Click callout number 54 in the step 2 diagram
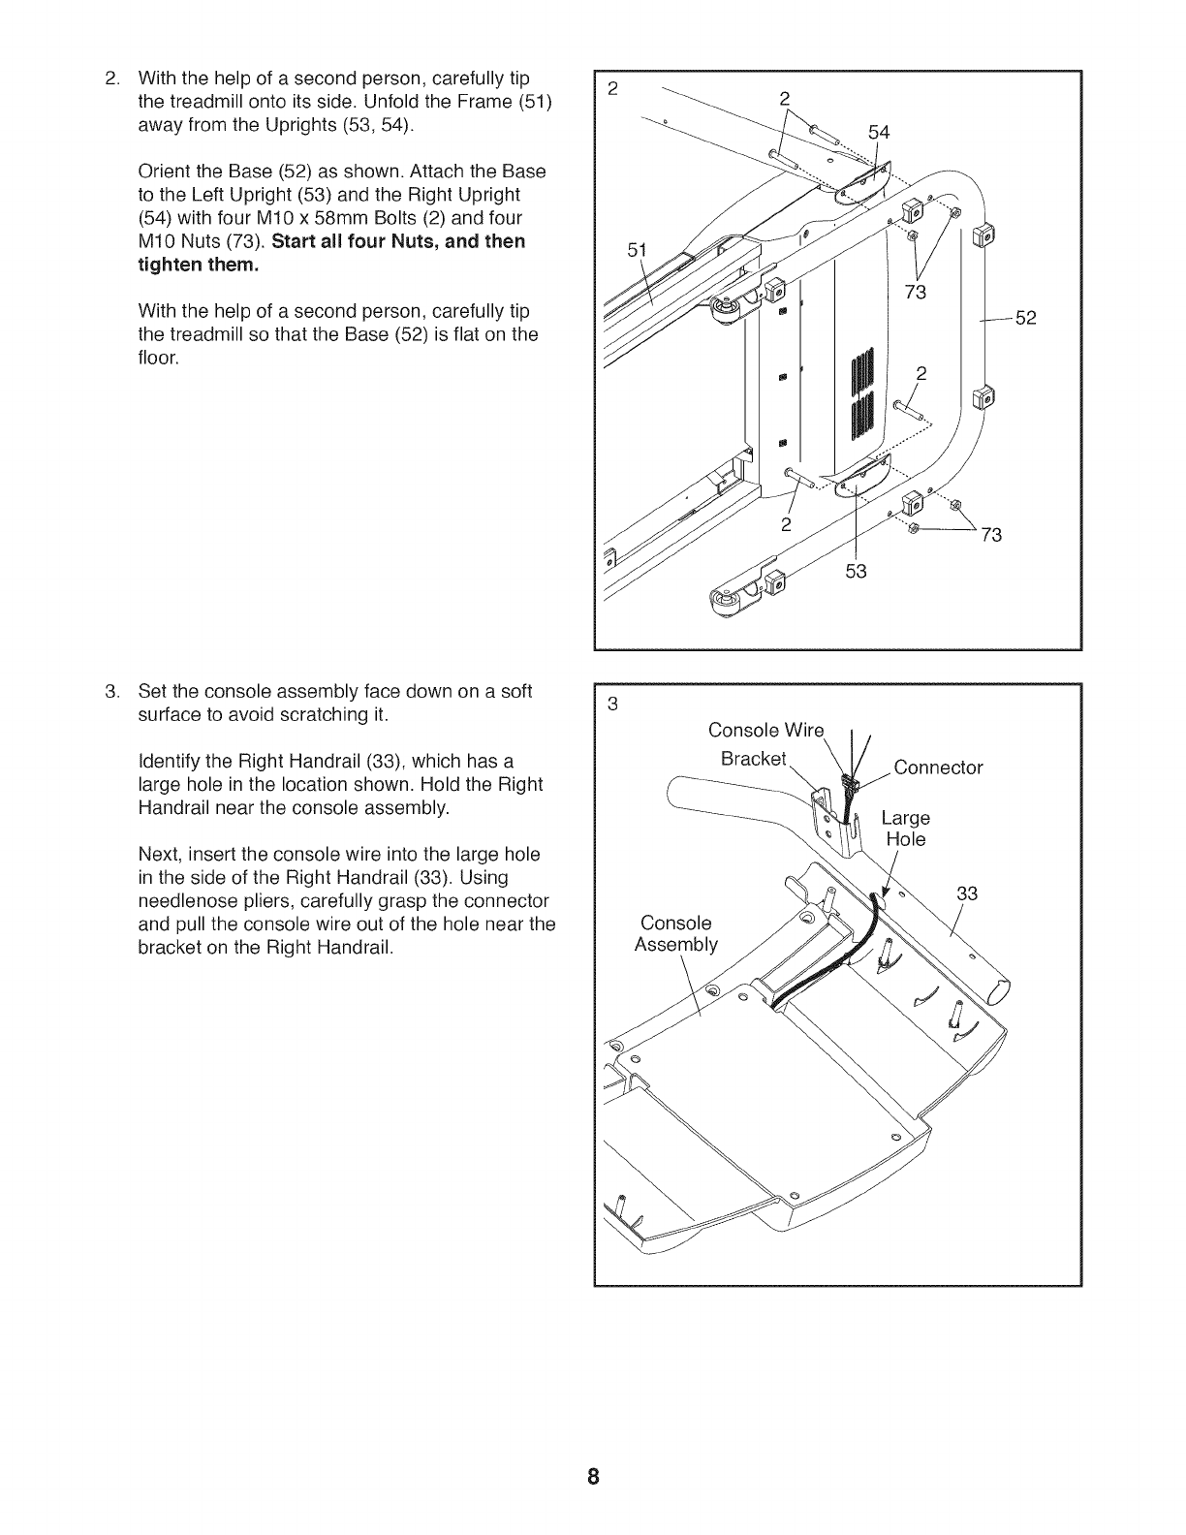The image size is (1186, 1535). click(879, 132)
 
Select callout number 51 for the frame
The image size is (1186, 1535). click(636, 250)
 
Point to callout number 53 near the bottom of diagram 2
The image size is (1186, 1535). click(856, 572)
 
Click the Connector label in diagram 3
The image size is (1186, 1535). click(937, 768)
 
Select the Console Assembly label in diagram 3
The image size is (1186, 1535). click(675, 933)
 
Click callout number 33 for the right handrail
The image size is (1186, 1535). click(967, 893)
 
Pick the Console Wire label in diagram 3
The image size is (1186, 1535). click(765, 730)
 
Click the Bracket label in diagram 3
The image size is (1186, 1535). click(754, 758)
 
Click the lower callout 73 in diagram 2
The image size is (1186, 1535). click(991, 535)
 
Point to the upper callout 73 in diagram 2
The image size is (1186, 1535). click(916, 293)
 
